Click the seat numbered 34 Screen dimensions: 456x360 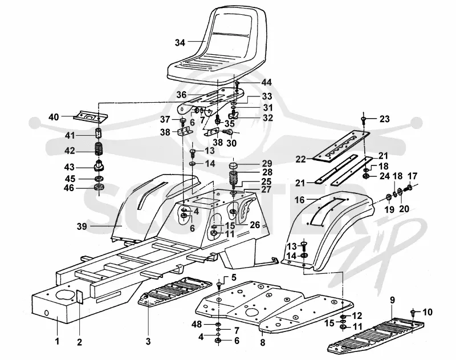coord(217,47)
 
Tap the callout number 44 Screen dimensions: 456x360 coord(266,82)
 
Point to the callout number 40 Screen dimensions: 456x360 coord(54,117)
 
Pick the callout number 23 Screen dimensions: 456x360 coord(384,119)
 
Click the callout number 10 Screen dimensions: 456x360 coord(427,312)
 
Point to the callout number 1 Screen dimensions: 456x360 coord(57,341)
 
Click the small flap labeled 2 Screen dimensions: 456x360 coord(80,297)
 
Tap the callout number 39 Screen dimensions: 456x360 coord(82,226)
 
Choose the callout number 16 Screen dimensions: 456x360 coord(300,200)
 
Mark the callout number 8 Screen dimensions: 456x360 coord(263,342)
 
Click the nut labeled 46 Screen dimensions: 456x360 coord(99,187)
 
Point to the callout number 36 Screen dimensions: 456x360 coord(181,95)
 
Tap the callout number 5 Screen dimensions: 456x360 coord(234,277)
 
